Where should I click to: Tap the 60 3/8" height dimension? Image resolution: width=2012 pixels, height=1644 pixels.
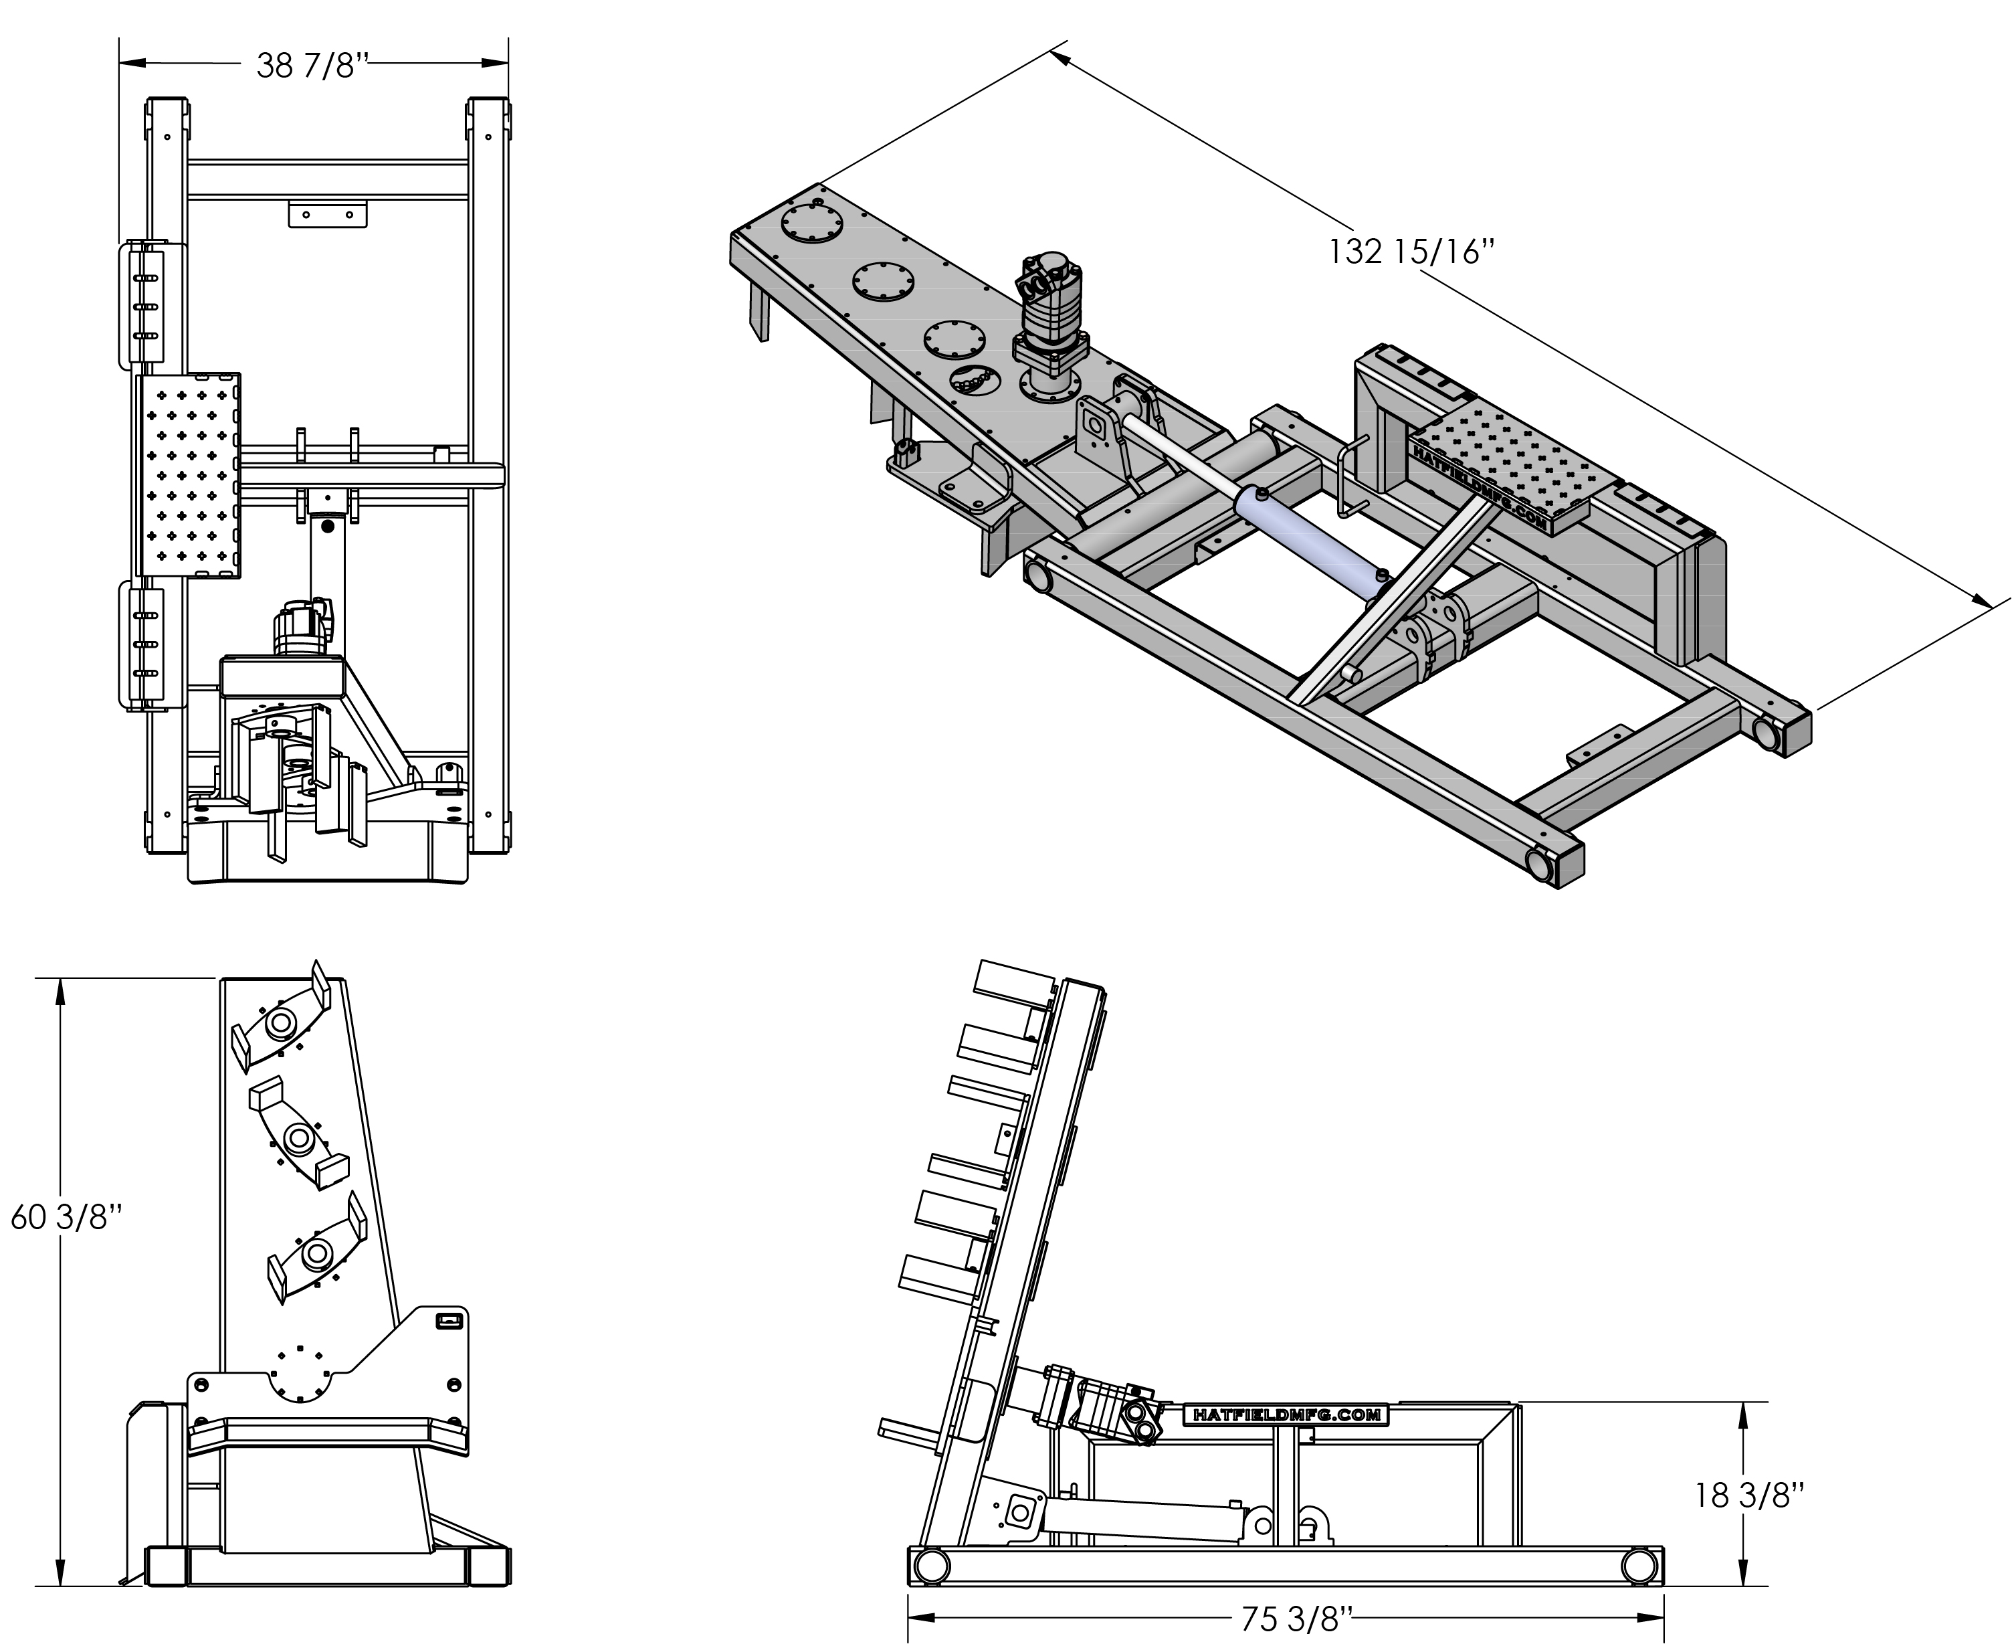coord(66,1218)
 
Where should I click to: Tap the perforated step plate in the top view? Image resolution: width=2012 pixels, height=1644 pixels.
coord(189,475)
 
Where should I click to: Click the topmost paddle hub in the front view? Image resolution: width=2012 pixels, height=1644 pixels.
coord(281,1024)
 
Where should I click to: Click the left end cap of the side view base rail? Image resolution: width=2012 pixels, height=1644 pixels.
coord(929,1566)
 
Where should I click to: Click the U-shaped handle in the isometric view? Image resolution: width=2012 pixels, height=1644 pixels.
coord(1352,478)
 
